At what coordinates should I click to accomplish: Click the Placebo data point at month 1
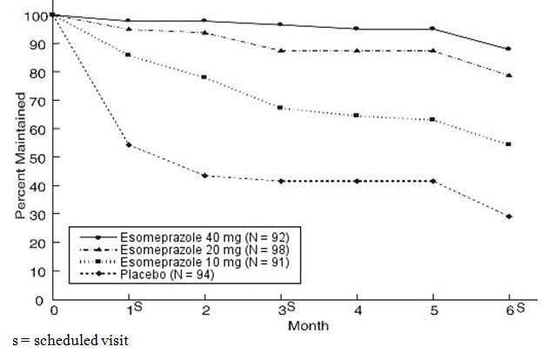(129, 144)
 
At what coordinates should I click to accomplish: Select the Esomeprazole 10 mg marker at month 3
(279, 108)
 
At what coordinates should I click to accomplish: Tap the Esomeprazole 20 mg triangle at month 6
(508, 76)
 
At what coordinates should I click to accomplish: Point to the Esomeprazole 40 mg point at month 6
(508, 49)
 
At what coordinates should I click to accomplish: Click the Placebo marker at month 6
(508, 217)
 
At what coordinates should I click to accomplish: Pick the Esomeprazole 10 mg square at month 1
(129, 55)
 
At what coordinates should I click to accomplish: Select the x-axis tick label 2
(204, 311)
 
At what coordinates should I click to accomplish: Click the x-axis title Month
(305, 325)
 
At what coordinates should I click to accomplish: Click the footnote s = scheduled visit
(65, 340)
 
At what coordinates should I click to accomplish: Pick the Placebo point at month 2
(204, 176)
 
